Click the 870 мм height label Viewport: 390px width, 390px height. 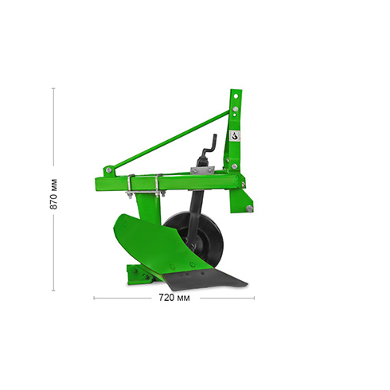coord(53,194)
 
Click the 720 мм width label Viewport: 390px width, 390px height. coord(174,298)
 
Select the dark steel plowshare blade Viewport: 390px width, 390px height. coord(205,280)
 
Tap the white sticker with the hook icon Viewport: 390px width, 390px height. coord(235,136)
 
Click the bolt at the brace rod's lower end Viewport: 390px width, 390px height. coord(108,170)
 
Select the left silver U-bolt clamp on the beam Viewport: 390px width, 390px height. coord(130,186)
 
